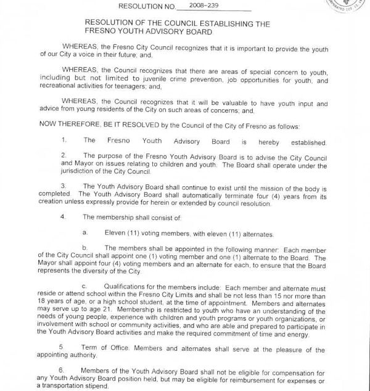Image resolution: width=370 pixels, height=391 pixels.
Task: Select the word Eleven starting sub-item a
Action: pyautogui.click(x=115, y=234)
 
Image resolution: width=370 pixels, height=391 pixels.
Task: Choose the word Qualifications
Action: pyautogui.click(x=130, y=287)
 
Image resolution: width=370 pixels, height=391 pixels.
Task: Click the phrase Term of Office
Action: pyautogui.click(x=105, y=347)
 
